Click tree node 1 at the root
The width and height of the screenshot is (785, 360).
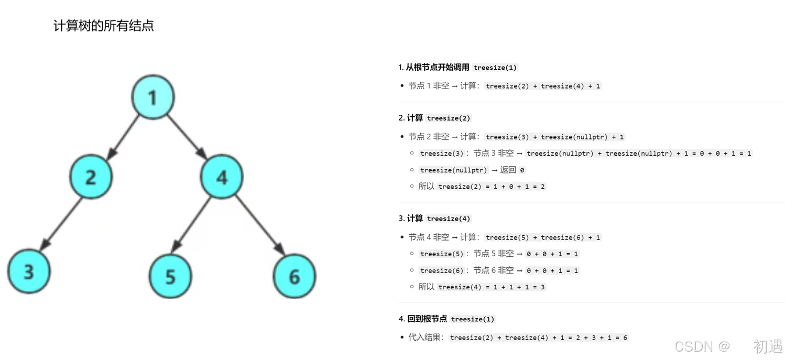tap(152, 97)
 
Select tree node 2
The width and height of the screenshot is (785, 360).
tap(91, 177)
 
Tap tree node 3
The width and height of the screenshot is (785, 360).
tap(29, 271)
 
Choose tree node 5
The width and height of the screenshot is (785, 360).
tap(170, 276)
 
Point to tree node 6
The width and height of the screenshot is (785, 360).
tap(295, 276)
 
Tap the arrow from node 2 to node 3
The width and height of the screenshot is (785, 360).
tap(61, 223)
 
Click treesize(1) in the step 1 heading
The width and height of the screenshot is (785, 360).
tap(495, 68)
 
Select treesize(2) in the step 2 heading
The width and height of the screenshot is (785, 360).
tap(449, 118)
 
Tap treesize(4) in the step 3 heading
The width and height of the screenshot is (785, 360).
tap(449, 219)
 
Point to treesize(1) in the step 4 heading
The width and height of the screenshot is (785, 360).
tap(473, 319)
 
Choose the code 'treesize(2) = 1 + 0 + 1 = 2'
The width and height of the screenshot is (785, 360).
tap(492, 187)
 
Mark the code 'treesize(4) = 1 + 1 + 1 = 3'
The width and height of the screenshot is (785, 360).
tap(492, 287)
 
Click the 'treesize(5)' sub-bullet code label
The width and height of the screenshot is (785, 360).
tap(442, 254)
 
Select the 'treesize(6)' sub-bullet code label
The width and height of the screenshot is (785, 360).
tap(442, 271)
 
